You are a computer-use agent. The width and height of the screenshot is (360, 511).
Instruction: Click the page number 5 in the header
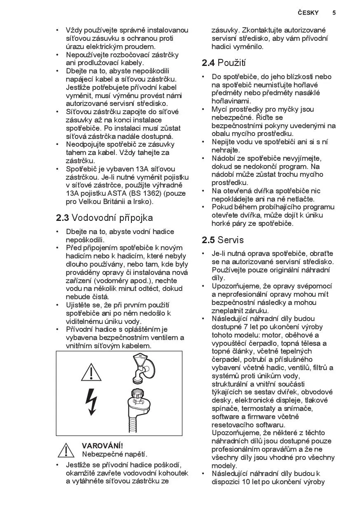click(334, 13)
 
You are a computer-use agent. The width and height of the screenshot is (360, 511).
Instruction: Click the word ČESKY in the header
click(308, 13)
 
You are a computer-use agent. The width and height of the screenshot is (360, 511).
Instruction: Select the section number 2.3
click(63, 218)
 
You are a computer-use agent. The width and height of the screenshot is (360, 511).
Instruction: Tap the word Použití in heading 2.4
click(231, 63)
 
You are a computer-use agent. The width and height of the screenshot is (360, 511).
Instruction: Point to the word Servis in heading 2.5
click(231, 240)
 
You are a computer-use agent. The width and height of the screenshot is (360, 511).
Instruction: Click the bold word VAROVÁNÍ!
click(103, 446)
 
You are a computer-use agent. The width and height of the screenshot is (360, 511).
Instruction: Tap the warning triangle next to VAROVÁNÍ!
click(66, 450)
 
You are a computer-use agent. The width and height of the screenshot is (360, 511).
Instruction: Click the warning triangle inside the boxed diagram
click(91, 372)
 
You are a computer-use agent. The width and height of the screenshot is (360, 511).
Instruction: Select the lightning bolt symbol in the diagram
click(91, 402)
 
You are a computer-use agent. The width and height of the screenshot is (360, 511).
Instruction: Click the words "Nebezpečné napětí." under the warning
click(115, 454)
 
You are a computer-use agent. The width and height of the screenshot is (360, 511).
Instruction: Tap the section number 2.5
click(208, 240)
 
